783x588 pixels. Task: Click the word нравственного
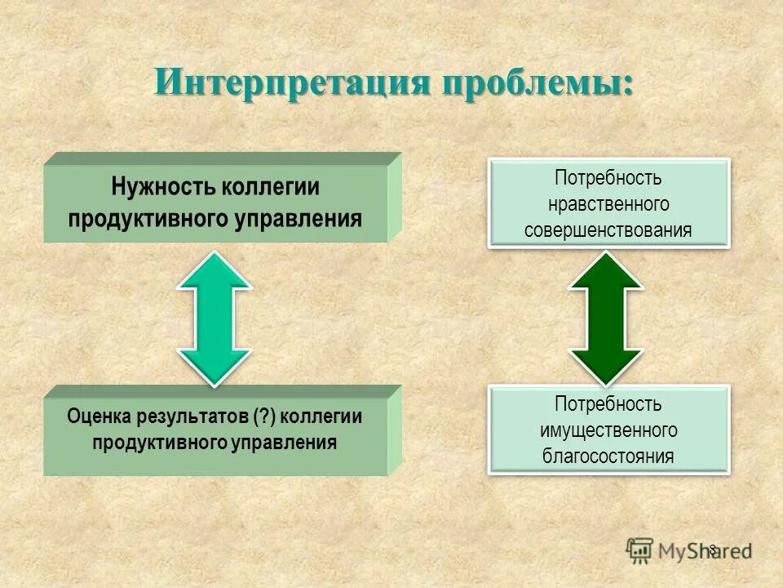click(x=609, y=203)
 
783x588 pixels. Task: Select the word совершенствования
click(x=608, y=229)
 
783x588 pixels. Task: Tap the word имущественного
click(x=608, y=430)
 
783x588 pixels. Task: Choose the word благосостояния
click(x=608, y=456)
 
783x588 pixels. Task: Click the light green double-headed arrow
click(x=215, y=318)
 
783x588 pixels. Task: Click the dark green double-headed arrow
click(x=605, y=318)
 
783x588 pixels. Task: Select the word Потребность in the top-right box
click(x=608, y=177)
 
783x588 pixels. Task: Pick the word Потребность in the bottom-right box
click(x=608, y=403)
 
